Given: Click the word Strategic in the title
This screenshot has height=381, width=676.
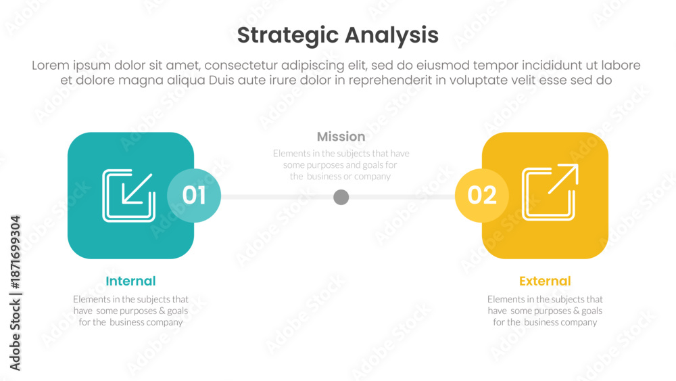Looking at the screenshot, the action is pyautogui.click(x=287, y=36).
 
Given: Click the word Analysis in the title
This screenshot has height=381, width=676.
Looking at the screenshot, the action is pyautogui.click(x=391, y=36).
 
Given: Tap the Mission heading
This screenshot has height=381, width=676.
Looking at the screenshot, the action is pyautogui.click(x=341, y=136).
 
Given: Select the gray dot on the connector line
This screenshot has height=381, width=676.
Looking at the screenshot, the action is pyautogui.click(x=341, y=197).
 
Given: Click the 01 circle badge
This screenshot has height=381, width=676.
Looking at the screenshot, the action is pyautogui.click(x=194, y=196).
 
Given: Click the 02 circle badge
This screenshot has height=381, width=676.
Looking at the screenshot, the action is pyautogui.click(x=482, y=196).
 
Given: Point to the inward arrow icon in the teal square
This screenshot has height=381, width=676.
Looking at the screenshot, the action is pyautogui.click(x=128, y=196).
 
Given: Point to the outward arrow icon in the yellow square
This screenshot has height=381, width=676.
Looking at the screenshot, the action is pyautogui.click(x=550, y=192).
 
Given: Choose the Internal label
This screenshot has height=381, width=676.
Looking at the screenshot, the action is pyautogui.click(x=130, y=281).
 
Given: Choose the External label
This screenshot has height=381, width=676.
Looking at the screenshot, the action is pyautogui.click(x=545, y=281).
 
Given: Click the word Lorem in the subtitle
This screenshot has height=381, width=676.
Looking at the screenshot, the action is pyautogui.click(x=51, y=66).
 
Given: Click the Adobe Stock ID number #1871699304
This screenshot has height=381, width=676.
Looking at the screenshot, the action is pyautogui.click(x=16, y=252).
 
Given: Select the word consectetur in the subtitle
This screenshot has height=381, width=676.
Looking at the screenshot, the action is pyautogui.click(x=241, y=66).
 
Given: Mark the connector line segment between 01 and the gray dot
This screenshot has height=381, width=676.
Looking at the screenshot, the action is pyautogui.click(x=277, y=197).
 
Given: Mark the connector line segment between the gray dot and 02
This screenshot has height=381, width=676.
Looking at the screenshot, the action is pyautogui.click(x=402, y=197).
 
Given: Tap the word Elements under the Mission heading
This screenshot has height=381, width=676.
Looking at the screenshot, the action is pyautogui.click(x=291, y=154).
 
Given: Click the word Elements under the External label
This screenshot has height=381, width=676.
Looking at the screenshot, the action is pyautogui.click(x=506, y=299).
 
